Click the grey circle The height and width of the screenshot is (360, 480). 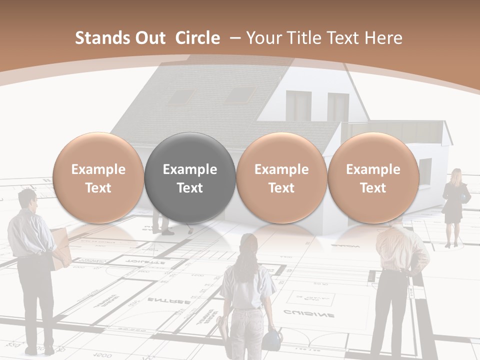tap(190, 177)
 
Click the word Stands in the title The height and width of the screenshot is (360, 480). tap(98, 38)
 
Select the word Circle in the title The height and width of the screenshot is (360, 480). tap(197, 38)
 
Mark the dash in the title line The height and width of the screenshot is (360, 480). tap(235, 38)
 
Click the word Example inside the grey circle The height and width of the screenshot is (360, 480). tap(190, 169)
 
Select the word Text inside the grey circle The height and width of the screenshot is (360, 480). tap(190, 188)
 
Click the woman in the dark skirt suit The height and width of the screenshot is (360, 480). tap(454, 205)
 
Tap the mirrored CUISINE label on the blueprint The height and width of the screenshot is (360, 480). tap(309, 314)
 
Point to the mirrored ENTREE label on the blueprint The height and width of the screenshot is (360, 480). tap(168, 300)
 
